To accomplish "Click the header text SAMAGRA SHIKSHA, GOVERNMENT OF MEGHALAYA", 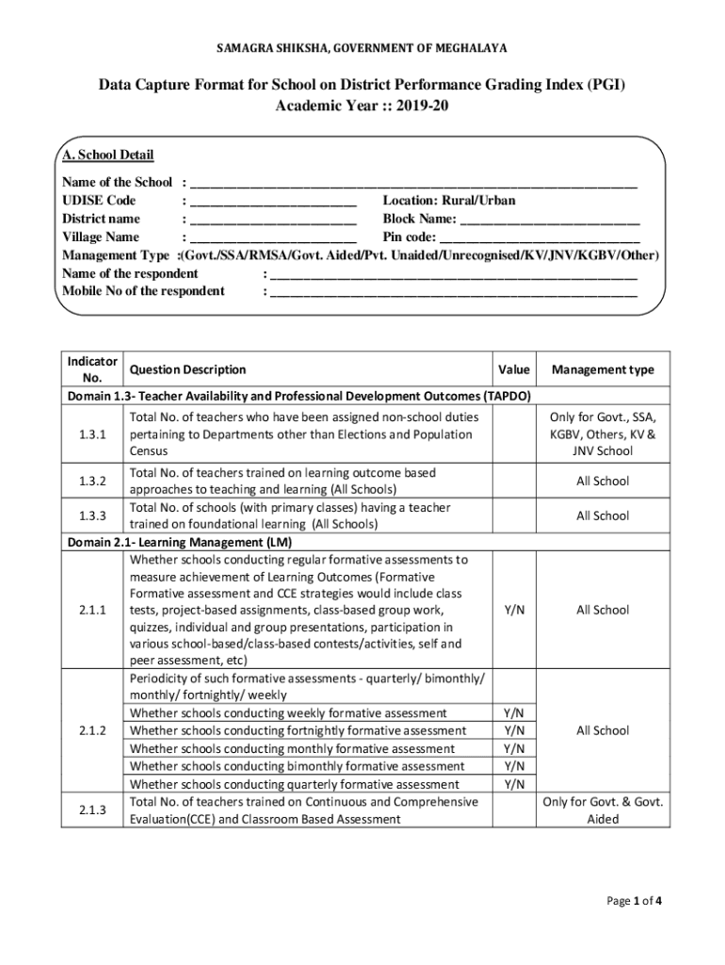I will coord(362,48).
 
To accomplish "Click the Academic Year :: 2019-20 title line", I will coord(362,106).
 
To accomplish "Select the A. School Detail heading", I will coord(107,155).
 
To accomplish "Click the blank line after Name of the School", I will coord(413,183).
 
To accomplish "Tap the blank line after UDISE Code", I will coord(273,202).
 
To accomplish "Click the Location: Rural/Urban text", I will coord(448,201).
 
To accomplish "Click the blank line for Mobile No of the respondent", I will coord(453,292).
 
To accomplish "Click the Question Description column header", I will coord(187,370).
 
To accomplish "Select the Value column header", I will coord(513,370).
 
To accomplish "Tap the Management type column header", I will coord(603,370).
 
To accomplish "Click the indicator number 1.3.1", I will coord(92,434).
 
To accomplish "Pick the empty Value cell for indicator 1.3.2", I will coord(513,482).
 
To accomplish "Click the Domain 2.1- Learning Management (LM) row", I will coord(179,543).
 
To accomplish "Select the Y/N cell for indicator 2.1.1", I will coord(513,610).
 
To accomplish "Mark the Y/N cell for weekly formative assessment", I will coord(513,713).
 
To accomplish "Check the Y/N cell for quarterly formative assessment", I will coord(513,784).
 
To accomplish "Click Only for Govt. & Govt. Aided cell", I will coord(603,810).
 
